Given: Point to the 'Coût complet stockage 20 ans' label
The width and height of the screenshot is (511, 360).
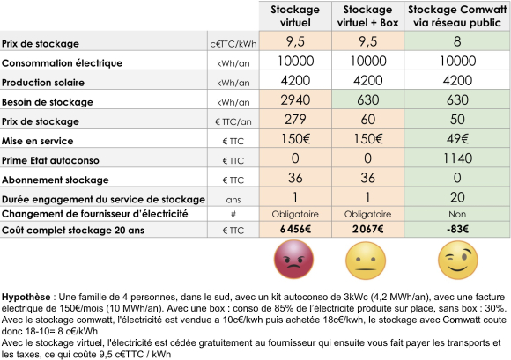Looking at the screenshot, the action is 76,231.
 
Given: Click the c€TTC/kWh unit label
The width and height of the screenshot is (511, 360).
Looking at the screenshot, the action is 232,43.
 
